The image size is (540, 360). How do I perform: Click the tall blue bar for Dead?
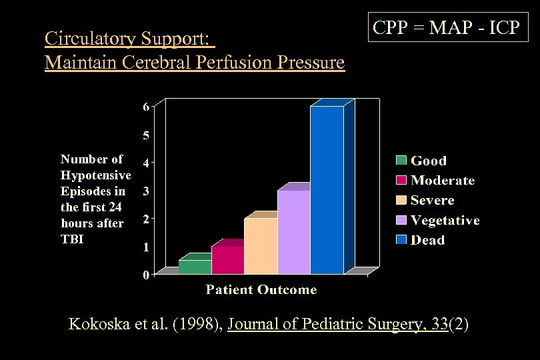(327, 190)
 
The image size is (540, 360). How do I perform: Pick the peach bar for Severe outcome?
(261, 246)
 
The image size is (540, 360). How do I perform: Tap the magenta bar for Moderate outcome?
(227, 260)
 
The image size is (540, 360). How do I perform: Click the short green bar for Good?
(195, 267)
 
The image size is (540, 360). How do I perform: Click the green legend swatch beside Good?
(401, 161)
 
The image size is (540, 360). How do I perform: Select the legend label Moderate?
(443, 181)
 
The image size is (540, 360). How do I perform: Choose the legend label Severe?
(432, 200)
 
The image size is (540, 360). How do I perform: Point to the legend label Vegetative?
(445, 220)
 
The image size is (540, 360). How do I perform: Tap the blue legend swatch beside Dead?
(401, 240)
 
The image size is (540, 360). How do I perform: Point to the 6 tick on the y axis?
(145, 107)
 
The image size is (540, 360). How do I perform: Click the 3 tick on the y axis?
(145, 191)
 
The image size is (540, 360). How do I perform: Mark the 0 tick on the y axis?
(145, 275)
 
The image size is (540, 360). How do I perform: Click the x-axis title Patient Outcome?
(261, 289)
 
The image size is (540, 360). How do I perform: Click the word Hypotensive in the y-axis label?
(95, 175)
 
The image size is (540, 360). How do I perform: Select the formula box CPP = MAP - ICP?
(446, 29)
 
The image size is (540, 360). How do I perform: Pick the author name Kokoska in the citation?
(99, 325)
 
